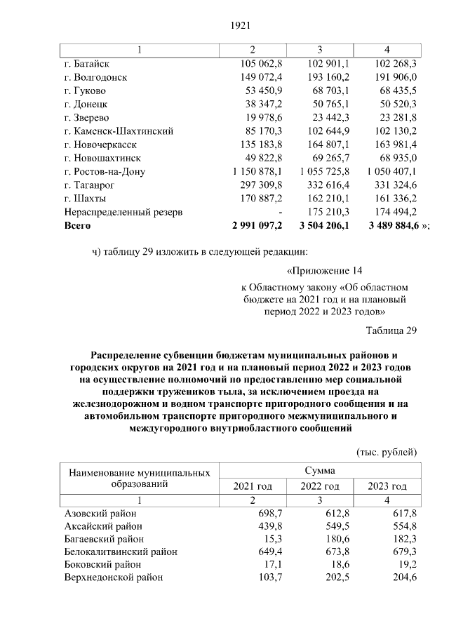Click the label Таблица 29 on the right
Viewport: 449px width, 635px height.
391,330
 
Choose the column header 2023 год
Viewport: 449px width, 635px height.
387,486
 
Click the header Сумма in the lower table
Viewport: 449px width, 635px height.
319,470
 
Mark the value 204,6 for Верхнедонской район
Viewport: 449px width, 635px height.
405,577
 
